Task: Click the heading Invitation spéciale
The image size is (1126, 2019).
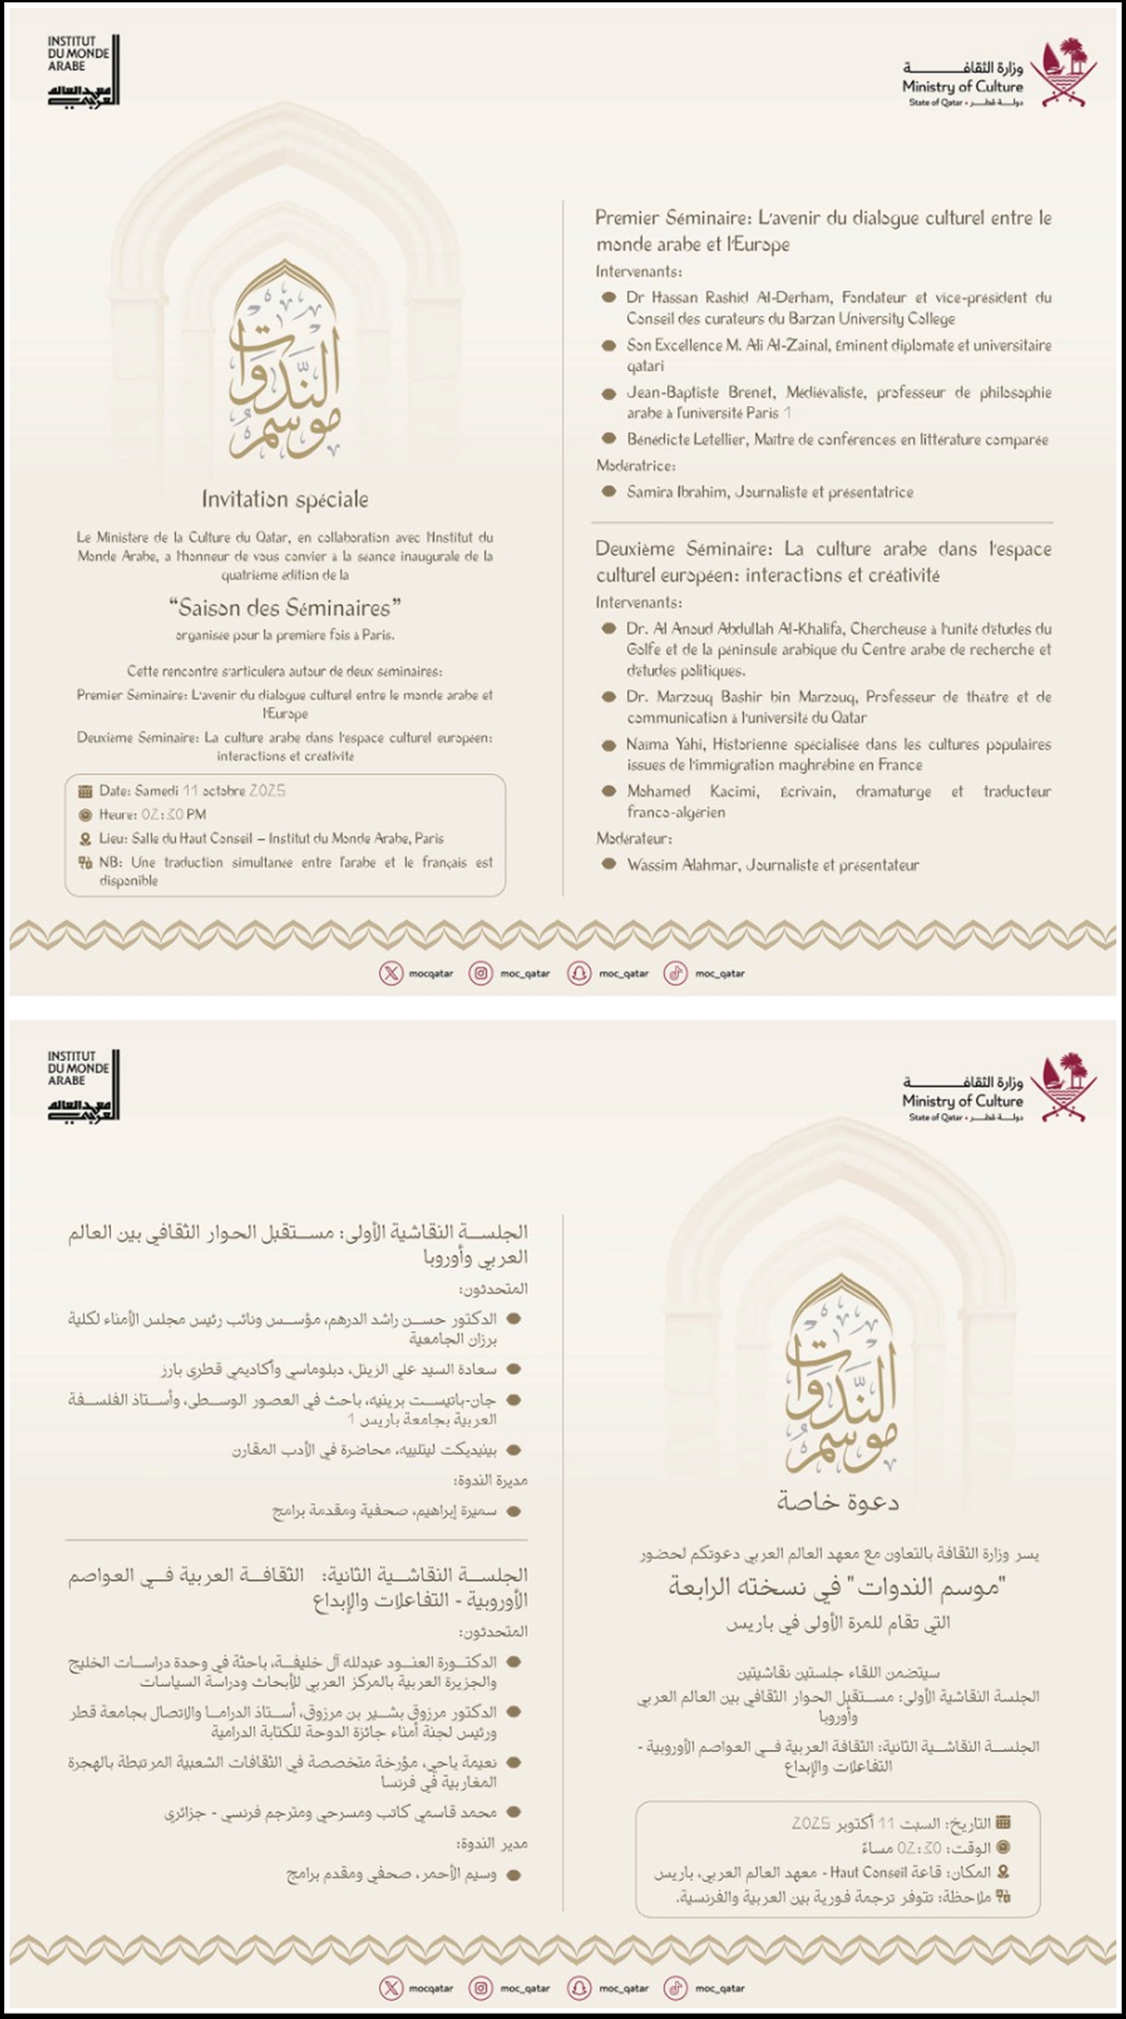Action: (284, 499)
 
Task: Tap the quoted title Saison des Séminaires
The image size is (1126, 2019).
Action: (285, 607)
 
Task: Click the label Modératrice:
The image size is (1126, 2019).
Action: (635, 466)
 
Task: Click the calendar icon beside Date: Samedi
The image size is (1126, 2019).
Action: (85, 792)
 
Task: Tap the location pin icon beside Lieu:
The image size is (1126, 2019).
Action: (85, 839)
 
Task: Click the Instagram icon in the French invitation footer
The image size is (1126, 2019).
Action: (481, 974)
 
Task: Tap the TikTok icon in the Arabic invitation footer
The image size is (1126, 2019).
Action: (674, 1988)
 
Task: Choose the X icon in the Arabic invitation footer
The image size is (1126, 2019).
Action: (390, 1988)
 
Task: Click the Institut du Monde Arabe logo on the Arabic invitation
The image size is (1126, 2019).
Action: (82, 1086)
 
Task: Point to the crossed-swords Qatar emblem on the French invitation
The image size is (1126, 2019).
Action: (1062, 72)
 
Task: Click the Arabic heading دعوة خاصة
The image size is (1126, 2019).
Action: (837, 1502)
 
